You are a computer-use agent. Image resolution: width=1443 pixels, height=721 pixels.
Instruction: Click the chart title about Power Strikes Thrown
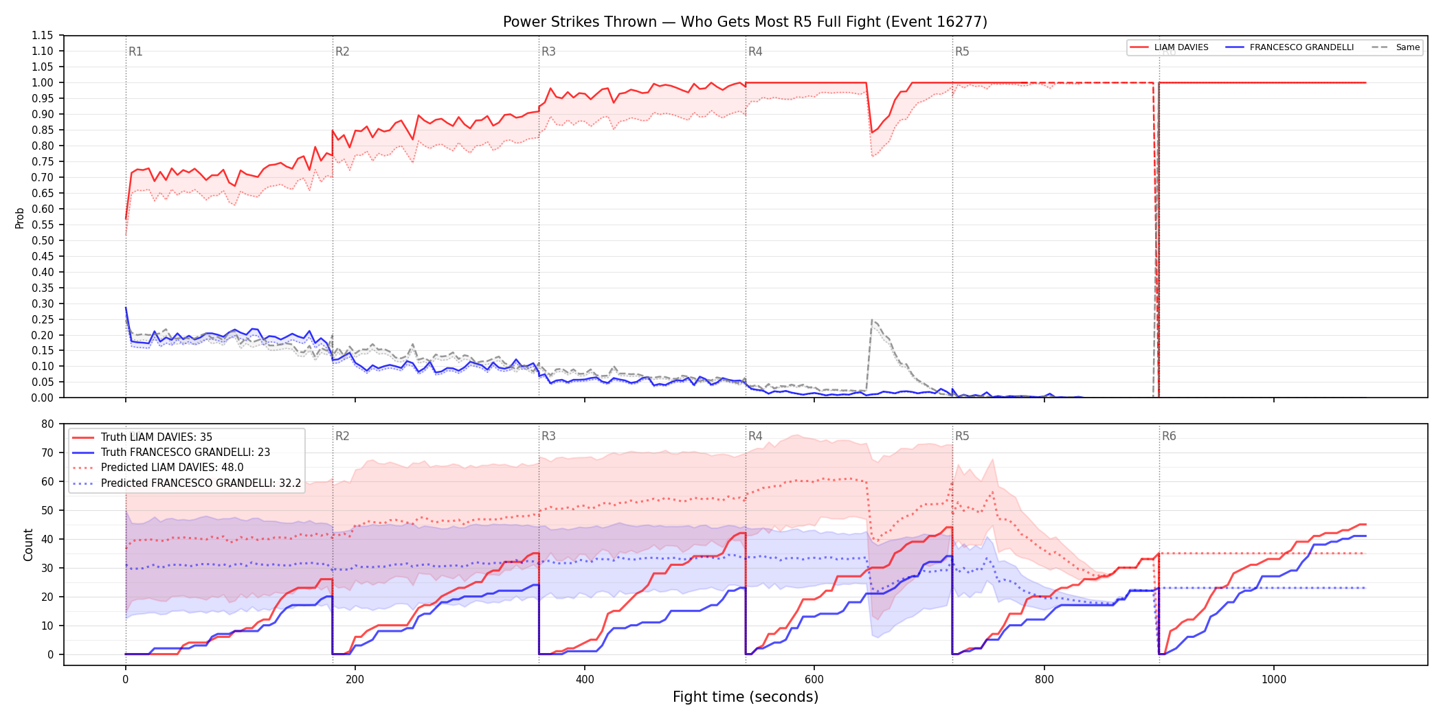pyautogui.click(x=745, y=22)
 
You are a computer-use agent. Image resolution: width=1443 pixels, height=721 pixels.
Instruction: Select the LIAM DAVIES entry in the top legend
pyautogui.click(x=1169, y=47)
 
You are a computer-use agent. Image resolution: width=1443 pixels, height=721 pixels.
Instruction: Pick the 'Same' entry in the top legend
pyautogui.click(x=1396, y=47)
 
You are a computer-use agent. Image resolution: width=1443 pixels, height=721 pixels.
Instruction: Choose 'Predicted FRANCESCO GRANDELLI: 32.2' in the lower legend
pyautogui.click(x=187, y=483)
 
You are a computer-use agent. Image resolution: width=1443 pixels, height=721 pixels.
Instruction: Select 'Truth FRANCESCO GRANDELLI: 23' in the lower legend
pyautogui.click(x=171, y=453)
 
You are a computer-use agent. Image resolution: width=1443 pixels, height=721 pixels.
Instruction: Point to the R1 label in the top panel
pyautogui.click(x=135, y=51)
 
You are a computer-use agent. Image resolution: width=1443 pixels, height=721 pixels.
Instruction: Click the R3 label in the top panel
pyautogui.click(x=548, y=51)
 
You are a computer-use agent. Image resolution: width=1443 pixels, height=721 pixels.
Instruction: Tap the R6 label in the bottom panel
pyautogui.click(x=1169, y=436)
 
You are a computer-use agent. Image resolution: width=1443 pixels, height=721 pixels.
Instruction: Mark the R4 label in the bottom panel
pyautogui.click(x=755, y=436)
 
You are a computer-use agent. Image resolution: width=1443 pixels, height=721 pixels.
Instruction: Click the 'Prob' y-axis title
pyautogui.click(x=20, y=218)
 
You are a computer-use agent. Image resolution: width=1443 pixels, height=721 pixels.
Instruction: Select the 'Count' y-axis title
pyautogui.click(x=28, y=545)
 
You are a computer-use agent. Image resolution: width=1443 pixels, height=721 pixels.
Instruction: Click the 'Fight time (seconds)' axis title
pyautogui.click(x=746, y=697)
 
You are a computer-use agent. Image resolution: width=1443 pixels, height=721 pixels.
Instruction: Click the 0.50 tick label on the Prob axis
pyautogui.click(x=43, y=240)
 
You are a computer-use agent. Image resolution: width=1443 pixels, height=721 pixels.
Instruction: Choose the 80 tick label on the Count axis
pyautogui.click(x=47, y=424)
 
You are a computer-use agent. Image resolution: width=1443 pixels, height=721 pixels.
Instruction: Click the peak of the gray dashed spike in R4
pyautogui.click(x=872, y=320)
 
